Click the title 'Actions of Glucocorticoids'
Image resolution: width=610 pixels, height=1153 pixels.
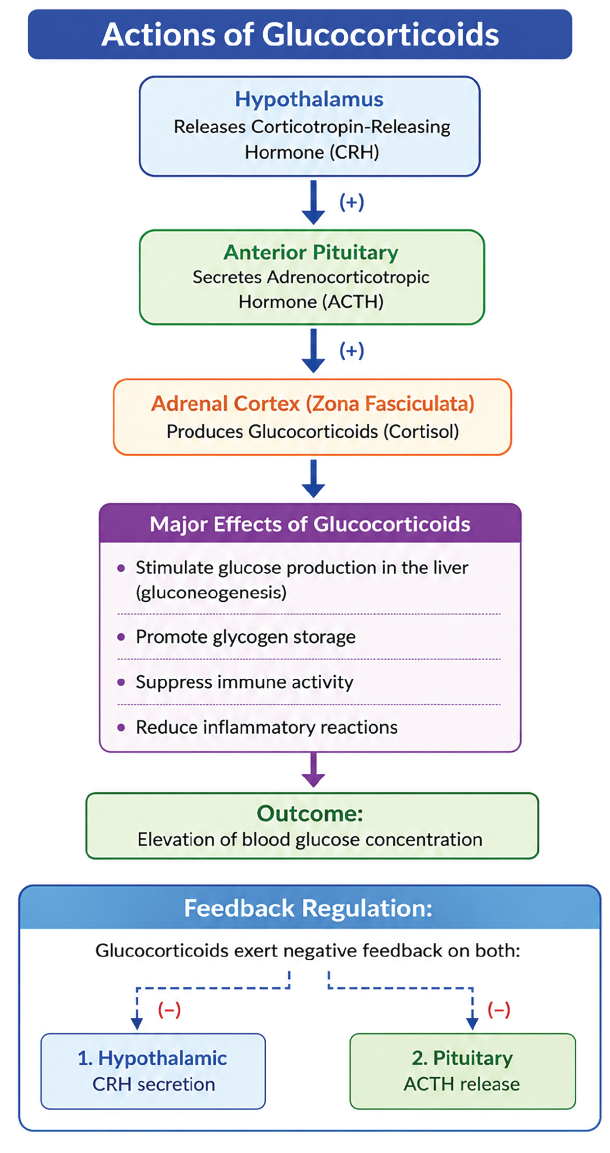click(x=300, y=34)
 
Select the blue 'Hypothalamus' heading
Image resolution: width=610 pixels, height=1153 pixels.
click(x=309, y=100)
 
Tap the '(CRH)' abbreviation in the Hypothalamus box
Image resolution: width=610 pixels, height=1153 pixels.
click(x=354, y=152)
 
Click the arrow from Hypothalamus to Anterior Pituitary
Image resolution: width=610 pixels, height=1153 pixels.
click(x=313, y=202)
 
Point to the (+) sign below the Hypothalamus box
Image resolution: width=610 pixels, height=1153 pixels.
click(x=351, y=202)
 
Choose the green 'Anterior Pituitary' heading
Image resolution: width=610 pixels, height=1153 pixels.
click(x=311, y=252)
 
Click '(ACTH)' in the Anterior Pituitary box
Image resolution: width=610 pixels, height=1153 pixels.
click(x=355, y=301)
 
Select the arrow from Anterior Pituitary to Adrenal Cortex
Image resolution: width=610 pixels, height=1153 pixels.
click(x=313, y=350)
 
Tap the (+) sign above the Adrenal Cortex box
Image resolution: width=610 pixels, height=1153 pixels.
click(x=351, y=350)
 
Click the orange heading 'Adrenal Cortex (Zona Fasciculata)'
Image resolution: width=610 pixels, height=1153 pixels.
click(x=313, y=404)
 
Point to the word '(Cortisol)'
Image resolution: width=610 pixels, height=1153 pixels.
click(x=421, y=431)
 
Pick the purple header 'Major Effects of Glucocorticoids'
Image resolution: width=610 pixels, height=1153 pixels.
click(x=310, y=524)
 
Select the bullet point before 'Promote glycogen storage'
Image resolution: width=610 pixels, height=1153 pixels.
click(x=121, y=637)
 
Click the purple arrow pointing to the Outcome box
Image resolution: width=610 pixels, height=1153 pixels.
click(x=313, y=770)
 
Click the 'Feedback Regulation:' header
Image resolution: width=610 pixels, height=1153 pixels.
click(x=308, y=908)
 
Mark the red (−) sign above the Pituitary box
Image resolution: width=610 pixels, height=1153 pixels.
click(x=499, y=1009)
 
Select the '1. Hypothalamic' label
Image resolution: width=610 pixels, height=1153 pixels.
click(x=152, y=1058)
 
